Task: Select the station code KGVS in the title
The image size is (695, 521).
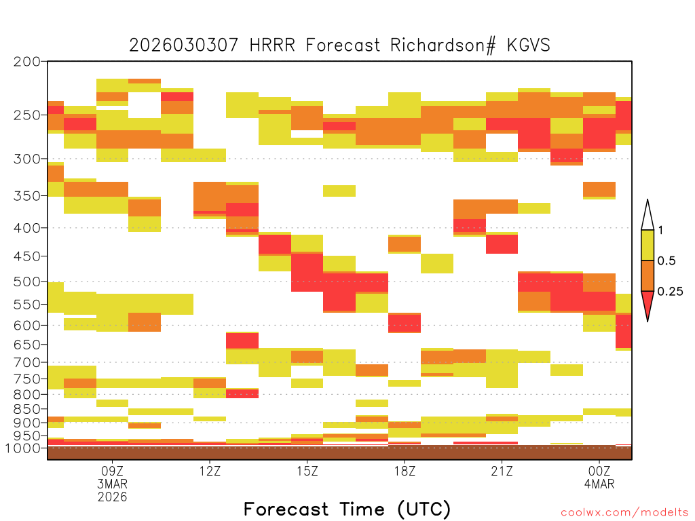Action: pyautogui.click(x=528, y=45)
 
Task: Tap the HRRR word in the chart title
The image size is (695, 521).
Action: pyautogui.click(x=272, y=45)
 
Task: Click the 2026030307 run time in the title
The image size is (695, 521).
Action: pyautogui.click(x=183, y=45)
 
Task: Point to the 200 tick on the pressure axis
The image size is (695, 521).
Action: pyautogui.click(x=27, y=62)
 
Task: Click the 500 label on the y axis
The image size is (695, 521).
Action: pyautogui.click(x=27, y=282)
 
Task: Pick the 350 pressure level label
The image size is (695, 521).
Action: pyautogui.click(x=27, y=196)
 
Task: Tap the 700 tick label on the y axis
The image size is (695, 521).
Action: pyautogui.click(x=27, y=362)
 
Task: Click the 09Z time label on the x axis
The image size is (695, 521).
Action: pyautogui.click(x=112, y=471)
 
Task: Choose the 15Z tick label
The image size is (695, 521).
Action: pyautogui.click(x=307, y=471)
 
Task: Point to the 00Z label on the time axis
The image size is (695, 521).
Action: pyautogui.click(x=599, y=471)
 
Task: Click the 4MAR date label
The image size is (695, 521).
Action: pyautogui.click(x=599, y=484)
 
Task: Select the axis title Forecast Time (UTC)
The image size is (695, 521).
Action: pyautogui.click(x=347, y=509)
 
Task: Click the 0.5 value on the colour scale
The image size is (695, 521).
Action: pyautogui.click(x=666, y=261)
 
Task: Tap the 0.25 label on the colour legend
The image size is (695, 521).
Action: pyautogui.click(x=670, y=292)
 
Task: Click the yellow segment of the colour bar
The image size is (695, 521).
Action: pyautogui.click(x=647, y=245)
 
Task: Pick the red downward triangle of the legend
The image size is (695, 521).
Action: pyautogui.click(x=647, y=303)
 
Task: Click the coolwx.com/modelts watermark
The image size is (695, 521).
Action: pyautogui.click(x=624, y=513)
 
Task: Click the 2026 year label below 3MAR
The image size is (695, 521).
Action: pyautogui.click(x=112, y=497)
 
